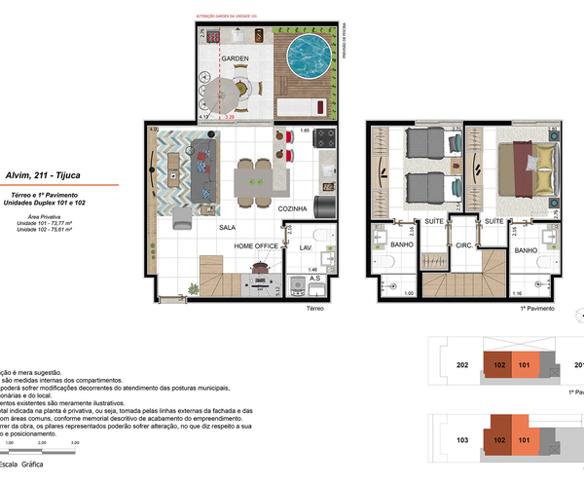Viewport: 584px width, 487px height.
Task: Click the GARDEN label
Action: pyautogui.click(x=235, y=59)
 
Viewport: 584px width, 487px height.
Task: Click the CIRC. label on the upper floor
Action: pyautogui.click(x=463, y=245)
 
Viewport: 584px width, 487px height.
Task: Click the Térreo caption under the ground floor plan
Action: pyautogui.click(x=314, y=307)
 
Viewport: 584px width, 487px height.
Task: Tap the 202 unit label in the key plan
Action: pyautogui.click(x=463, y=366)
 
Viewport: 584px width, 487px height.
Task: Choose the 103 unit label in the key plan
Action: pyautogui.click(x=463, y=440)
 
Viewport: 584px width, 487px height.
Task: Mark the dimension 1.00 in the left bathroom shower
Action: pyautogui.click(x=382, y=293)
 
